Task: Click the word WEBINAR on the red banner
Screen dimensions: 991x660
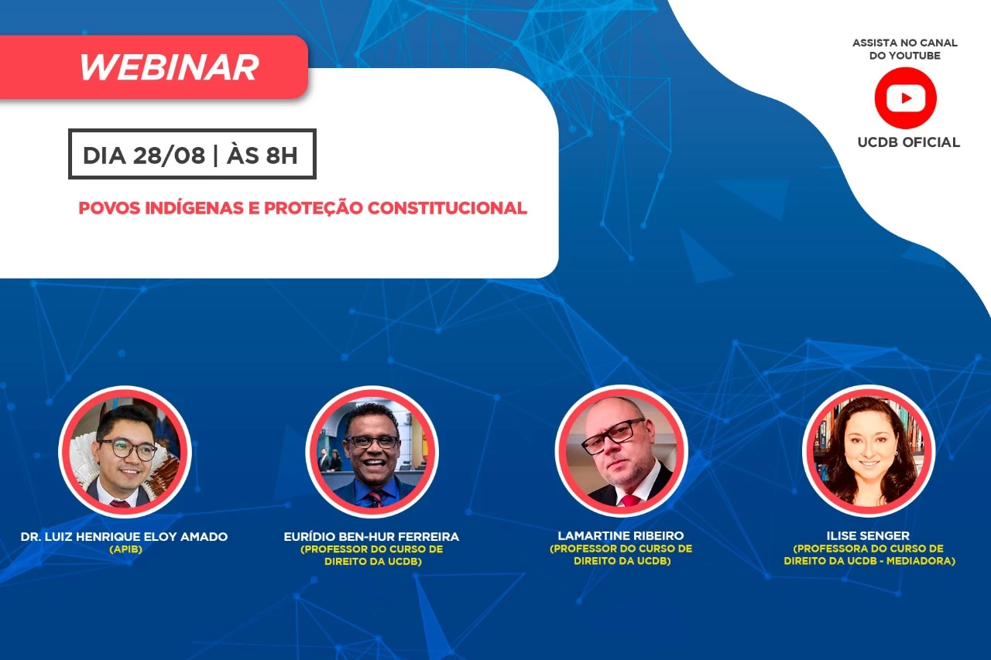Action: [169, 67]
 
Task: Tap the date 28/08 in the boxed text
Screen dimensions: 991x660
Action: [169, 156]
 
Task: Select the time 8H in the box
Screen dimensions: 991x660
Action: [281, 156]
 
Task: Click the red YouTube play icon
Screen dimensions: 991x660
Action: [905, 98]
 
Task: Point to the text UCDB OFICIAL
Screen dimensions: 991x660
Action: [909, 142]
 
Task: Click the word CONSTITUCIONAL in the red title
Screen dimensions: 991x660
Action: [447, 208]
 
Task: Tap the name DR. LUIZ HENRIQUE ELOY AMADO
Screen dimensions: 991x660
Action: [125, 537]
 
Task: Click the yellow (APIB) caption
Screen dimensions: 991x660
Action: [125, 549]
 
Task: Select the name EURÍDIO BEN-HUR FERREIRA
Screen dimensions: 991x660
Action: [372, 537]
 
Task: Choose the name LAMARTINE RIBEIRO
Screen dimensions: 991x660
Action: [621, 535]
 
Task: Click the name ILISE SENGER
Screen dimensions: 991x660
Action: [868, 535]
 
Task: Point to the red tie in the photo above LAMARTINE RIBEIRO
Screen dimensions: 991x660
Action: [629, 501]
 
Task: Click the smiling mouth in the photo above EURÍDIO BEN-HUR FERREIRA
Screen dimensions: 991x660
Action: [372, 463]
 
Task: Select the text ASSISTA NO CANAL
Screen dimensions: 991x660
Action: [905, 43]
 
